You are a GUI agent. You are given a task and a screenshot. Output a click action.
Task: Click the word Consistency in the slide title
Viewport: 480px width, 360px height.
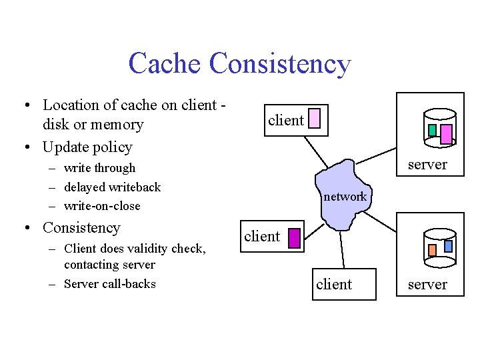(279, 64)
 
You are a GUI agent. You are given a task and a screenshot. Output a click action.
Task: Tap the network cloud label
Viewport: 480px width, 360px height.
(345, 197)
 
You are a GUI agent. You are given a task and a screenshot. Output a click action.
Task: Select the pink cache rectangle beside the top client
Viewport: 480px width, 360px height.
(315, 119)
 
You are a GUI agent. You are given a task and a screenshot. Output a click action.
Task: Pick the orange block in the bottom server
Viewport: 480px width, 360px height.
(432, 250)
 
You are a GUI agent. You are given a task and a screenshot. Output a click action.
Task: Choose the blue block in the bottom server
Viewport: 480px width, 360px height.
(448, 245)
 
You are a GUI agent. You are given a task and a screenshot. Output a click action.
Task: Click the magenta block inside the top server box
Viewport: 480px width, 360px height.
(447, 134)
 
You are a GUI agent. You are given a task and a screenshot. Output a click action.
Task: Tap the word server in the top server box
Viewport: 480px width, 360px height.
(427, 165)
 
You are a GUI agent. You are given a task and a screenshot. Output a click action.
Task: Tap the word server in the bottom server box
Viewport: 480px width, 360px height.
(427, 285)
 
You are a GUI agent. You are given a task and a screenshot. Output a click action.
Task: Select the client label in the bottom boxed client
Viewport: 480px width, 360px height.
(334, 285)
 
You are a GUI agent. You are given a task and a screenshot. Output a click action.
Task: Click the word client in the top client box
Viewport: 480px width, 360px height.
(285, 121)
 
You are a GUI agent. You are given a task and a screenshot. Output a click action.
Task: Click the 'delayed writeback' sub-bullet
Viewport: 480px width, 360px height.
(112, 187)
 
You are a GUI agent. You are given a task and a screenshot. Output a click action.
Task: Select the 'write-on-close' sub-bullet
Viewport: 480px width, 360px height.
(102, 206)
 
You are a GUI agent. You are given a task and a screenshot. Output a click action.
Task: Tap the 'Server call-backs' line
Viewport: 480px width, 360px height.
(109, 284)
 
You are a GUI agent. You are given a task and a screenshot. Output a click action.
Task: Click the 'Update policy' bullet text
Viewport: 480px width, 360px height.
(87, 147)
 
